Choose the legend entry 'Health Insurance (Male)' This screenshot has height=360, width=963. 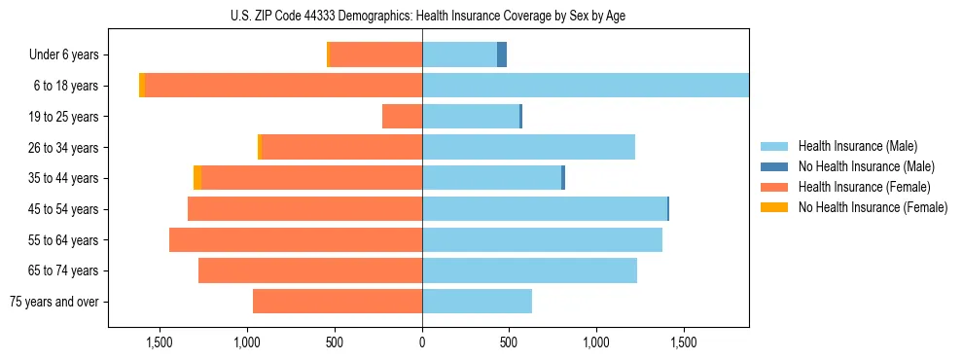pyautogui.click(x=857, y=146)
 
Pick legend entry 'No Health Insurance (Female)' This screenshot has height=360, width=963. pyautogui.click(x=873, y=207)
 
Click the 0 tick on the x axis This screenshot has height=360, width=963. pyautogui.click(x=421, y=342)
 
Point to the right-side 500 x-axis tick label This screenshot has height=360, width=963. pyautogui.click(x=509, y=342)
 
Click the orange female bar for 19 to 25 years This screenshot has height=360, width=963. pyautogui.click(x=402, y=117)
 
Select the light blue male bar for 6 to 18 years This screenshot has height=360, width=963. pyautogui.click(x=584, y=86)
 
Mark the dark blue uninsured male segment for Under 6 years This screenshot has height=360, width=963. pyautogui.click(x=502, y=55)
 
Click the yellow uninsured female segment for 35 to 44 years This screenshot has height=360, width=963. pyautogui.click(x=197, y=178)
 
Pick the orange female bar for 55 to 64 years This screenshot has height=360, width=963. pyautogui.click(x=296, y=240)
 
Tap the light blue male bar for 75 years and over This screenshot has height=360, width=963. pyautogui.click(x=477, y=302)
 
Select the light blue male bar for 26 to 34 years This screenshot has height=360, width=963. pyautogui.click(x=528, y=148)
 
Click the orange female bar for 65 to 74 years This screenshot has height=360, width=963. pyautogui.click(x=310, y=270)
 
